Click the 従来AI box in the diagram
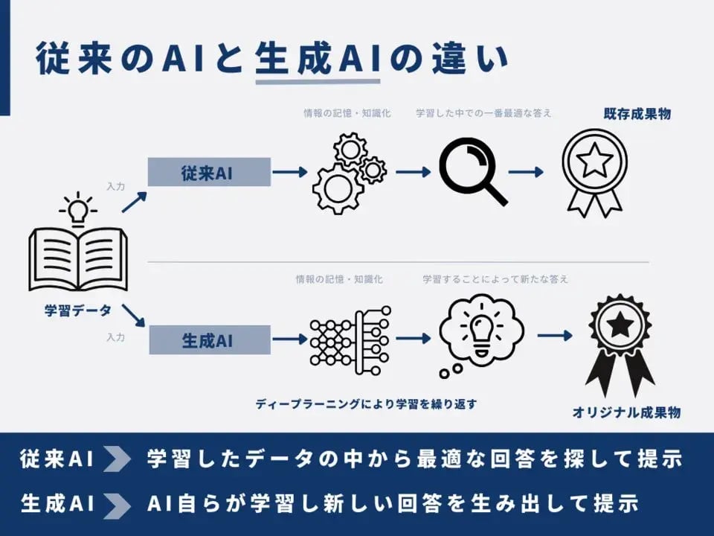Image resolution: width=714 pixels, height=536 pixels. [x=209, y=173]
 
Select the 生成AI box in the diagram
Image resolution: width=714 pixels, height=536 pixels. [x=210, y=341]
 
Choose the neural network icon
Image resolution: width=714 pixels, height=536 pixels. [x=349, y=341]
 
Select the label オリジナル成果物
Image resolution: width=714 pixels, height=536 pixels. [x=625, y=412]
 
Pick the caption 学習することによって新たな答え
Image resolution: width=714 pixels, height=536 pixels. [x=495, y=279]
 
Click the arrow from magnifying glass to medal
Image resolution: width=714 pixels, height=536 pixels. [x=527, y=171]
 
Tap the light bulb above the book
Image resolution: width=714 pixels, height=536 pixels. [x=78, y=211]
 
